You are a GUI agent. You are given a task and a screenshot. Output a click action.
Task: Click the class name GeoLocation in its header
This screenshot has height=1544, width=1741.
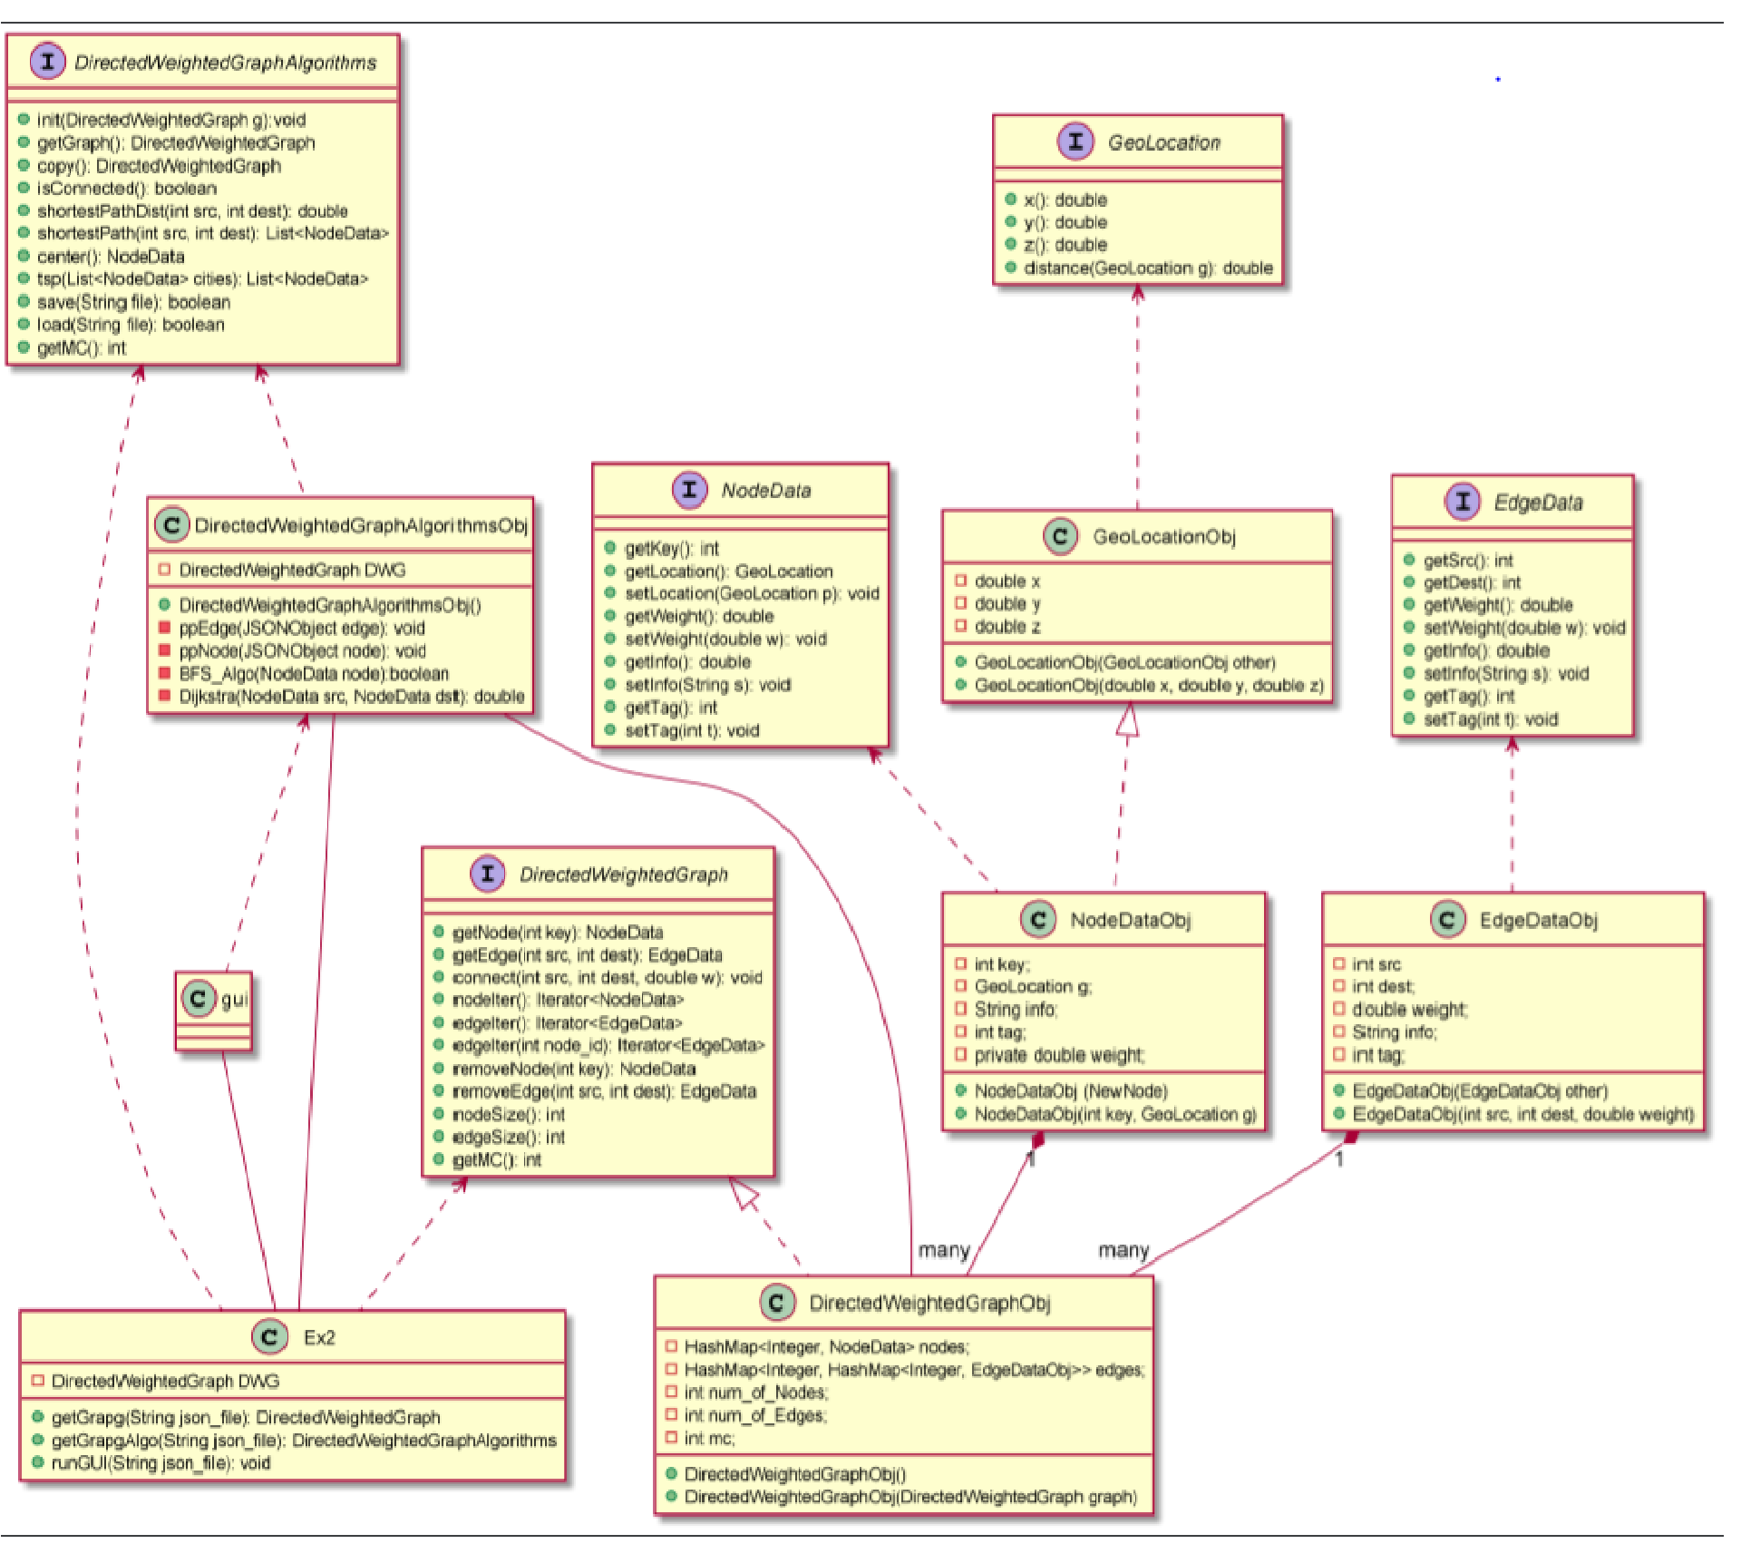tap(1163, 142)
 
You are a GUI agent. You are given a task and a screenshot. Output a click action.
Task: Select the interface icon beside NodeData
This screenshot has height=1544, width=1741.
tap(689, 490)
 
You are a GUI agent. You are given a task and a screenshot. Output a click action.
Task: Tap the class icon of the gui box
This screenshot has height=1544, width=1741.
tap(198, 998)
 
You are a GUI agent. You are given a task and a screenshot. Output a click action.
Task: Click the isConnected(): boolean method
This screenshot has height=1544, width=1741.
tap(126, 189)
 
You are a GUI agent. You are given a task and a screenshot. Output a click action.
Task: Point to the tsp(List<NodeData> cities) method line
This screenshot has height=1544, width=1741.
tap(202, 279)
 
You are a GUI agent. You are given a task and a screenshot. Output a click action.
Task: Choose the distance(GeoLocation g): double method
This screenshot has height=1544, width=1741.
tap(1147, 268)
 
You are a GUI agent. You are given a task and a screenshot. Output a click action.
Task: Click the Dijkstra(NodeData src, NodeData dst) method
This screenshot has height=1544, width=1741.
tap(351, 696)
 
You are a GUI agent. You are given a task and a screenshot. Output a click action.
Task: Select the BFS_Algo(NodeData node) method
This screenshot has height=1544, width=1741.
tap(313, 673)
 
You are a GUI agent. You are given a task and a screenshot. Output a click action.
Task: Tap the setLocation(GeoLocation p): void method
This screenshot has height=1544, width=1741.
tap(752, 593)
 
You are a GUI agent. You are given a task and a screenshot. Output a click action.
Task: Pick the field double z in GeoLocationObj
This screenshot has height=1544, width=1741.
tap(1007, 626)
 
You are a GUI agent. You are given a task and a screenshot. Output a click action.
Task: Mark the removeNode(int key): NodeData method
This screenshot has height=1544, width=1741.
tap(573, 1069)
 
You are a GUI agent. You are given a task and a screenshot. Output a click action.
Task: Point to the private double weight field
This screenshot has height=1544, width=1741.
tap(1058, 1055)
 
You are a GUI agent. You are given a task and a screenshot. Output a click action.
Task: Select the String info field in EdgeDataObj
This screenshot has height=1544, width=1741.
tap(1394, 1032)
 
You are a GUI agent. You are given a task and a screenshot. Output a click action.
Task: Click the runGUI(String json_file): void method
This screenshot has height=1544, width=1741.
tap(160, 1462)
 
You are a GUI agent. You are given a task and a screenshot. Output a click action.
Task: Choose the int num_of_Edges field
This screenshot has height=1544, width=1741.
tap(754, 1415)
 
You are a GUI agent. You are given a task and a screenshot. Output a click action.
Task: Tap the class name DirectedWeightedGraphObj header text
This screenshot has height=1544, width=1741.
tap(929, 1303)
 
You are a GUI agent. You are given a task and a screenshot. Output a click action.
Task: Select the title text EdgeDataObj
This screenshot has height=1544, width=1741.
tap(1538, 920)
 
